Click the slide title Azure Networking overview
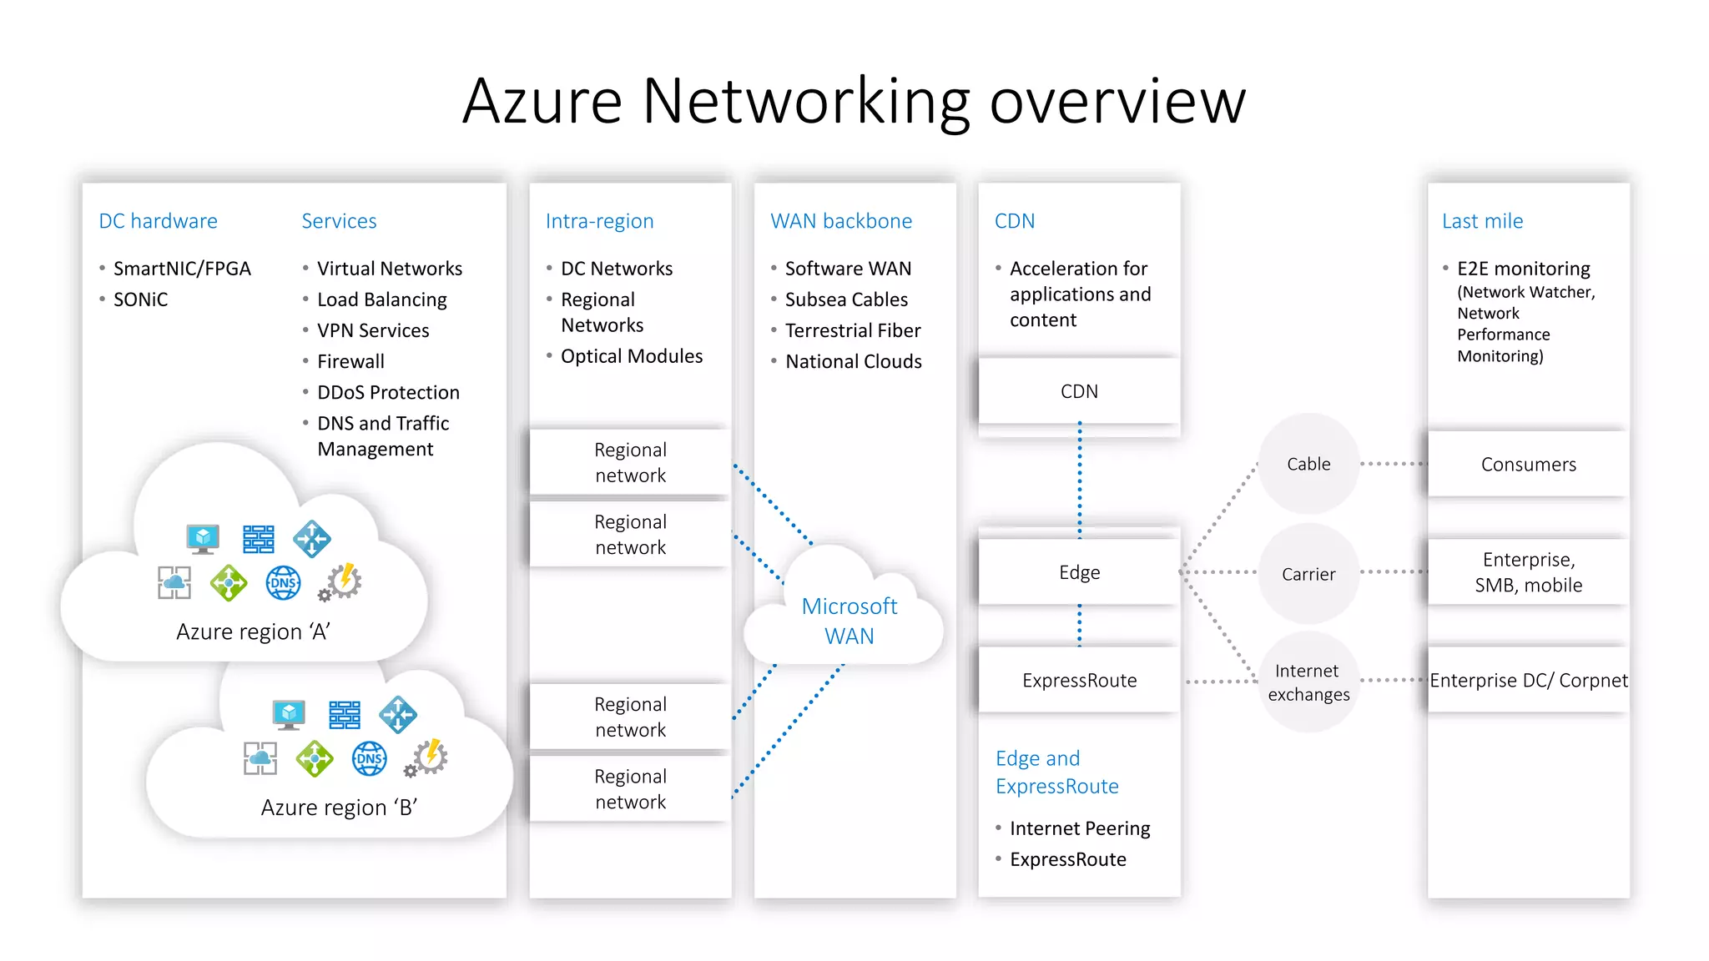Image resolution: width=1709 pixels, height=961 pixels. tap(854, 101)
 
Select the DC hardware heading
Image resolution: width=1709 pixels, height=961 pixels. tap(158, 221)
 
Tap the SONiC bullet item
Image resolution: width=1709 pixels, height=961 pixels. tap(140, 299)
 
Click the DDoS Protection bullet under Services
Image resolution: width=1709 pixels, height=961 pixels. tap(388, 392)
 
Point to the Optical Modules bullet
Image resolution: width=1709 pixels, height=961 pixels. tap(632, 356)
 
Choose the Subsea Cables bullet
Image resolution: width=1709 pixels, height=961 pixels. tap(846, 299)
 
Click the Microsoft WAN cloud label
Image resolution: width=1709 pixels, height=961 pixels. tap(849, 621)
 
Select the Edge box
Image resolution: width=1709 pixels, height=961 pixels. tap(1079, 572)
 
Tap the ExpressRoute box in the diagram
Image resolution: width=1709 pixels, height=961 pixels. tap(1079, 680)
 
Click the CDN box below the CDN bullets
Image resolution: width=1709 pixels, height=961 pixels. tap(1079, 391)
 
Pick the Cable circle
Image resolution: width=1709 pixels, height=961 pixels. tap(1308, 464)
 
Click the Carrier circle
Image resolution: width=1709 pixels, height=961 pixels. tap(1308, 574)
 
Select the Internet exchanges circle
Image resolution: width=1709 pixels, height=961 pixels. tap(1308, 682)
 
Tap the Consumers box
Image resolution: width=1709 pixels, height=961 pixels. tap(1528, 465)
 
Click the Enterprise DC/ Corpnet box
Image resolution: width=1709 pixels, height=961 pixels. tap(1528, 680)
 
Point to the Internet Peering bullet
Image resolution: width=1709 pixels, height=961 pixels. tap(1080, 828)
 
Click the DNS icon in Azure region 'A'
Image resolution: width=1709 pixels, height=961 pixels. tap(283, 583)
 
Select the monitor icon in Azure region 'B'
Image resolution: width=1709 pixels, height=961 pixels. tap(289, 715)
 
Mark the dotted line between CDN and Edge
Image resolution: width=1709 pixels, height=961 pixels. tap(1080, 480)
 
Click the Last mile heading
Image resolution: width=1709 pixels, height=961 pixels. tap(1482, 221)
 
